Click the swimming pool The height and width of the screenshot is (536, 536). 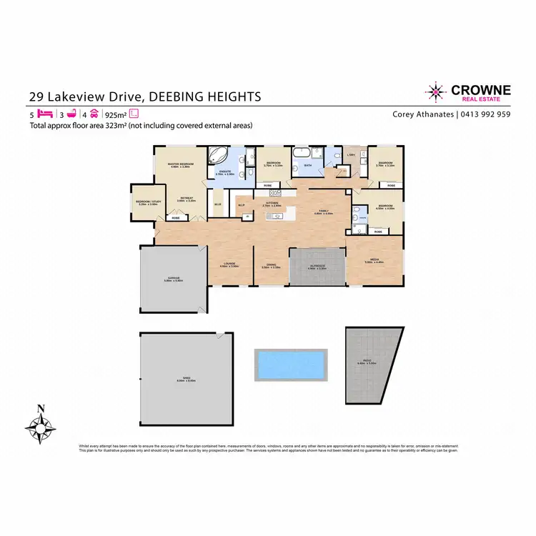tap(291, 364)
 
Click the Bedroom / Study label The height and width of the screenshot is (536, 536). tap(147, 202)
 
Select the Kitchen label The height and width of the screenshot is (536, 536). tap(272, 203)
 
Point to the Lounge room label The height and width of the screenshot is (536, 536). tap(229, 264)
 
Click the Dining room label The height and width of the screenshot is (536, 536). tap(272, 264)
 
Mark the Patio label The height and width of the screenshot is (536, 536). tap(366, 362)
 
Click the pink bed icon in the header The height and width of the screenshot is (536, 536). tap(44, 113)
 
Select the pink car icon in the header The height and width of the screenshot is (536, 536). tap(94, 113)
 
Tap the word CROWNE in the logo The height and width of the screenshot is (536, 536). tap(480, 89)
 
